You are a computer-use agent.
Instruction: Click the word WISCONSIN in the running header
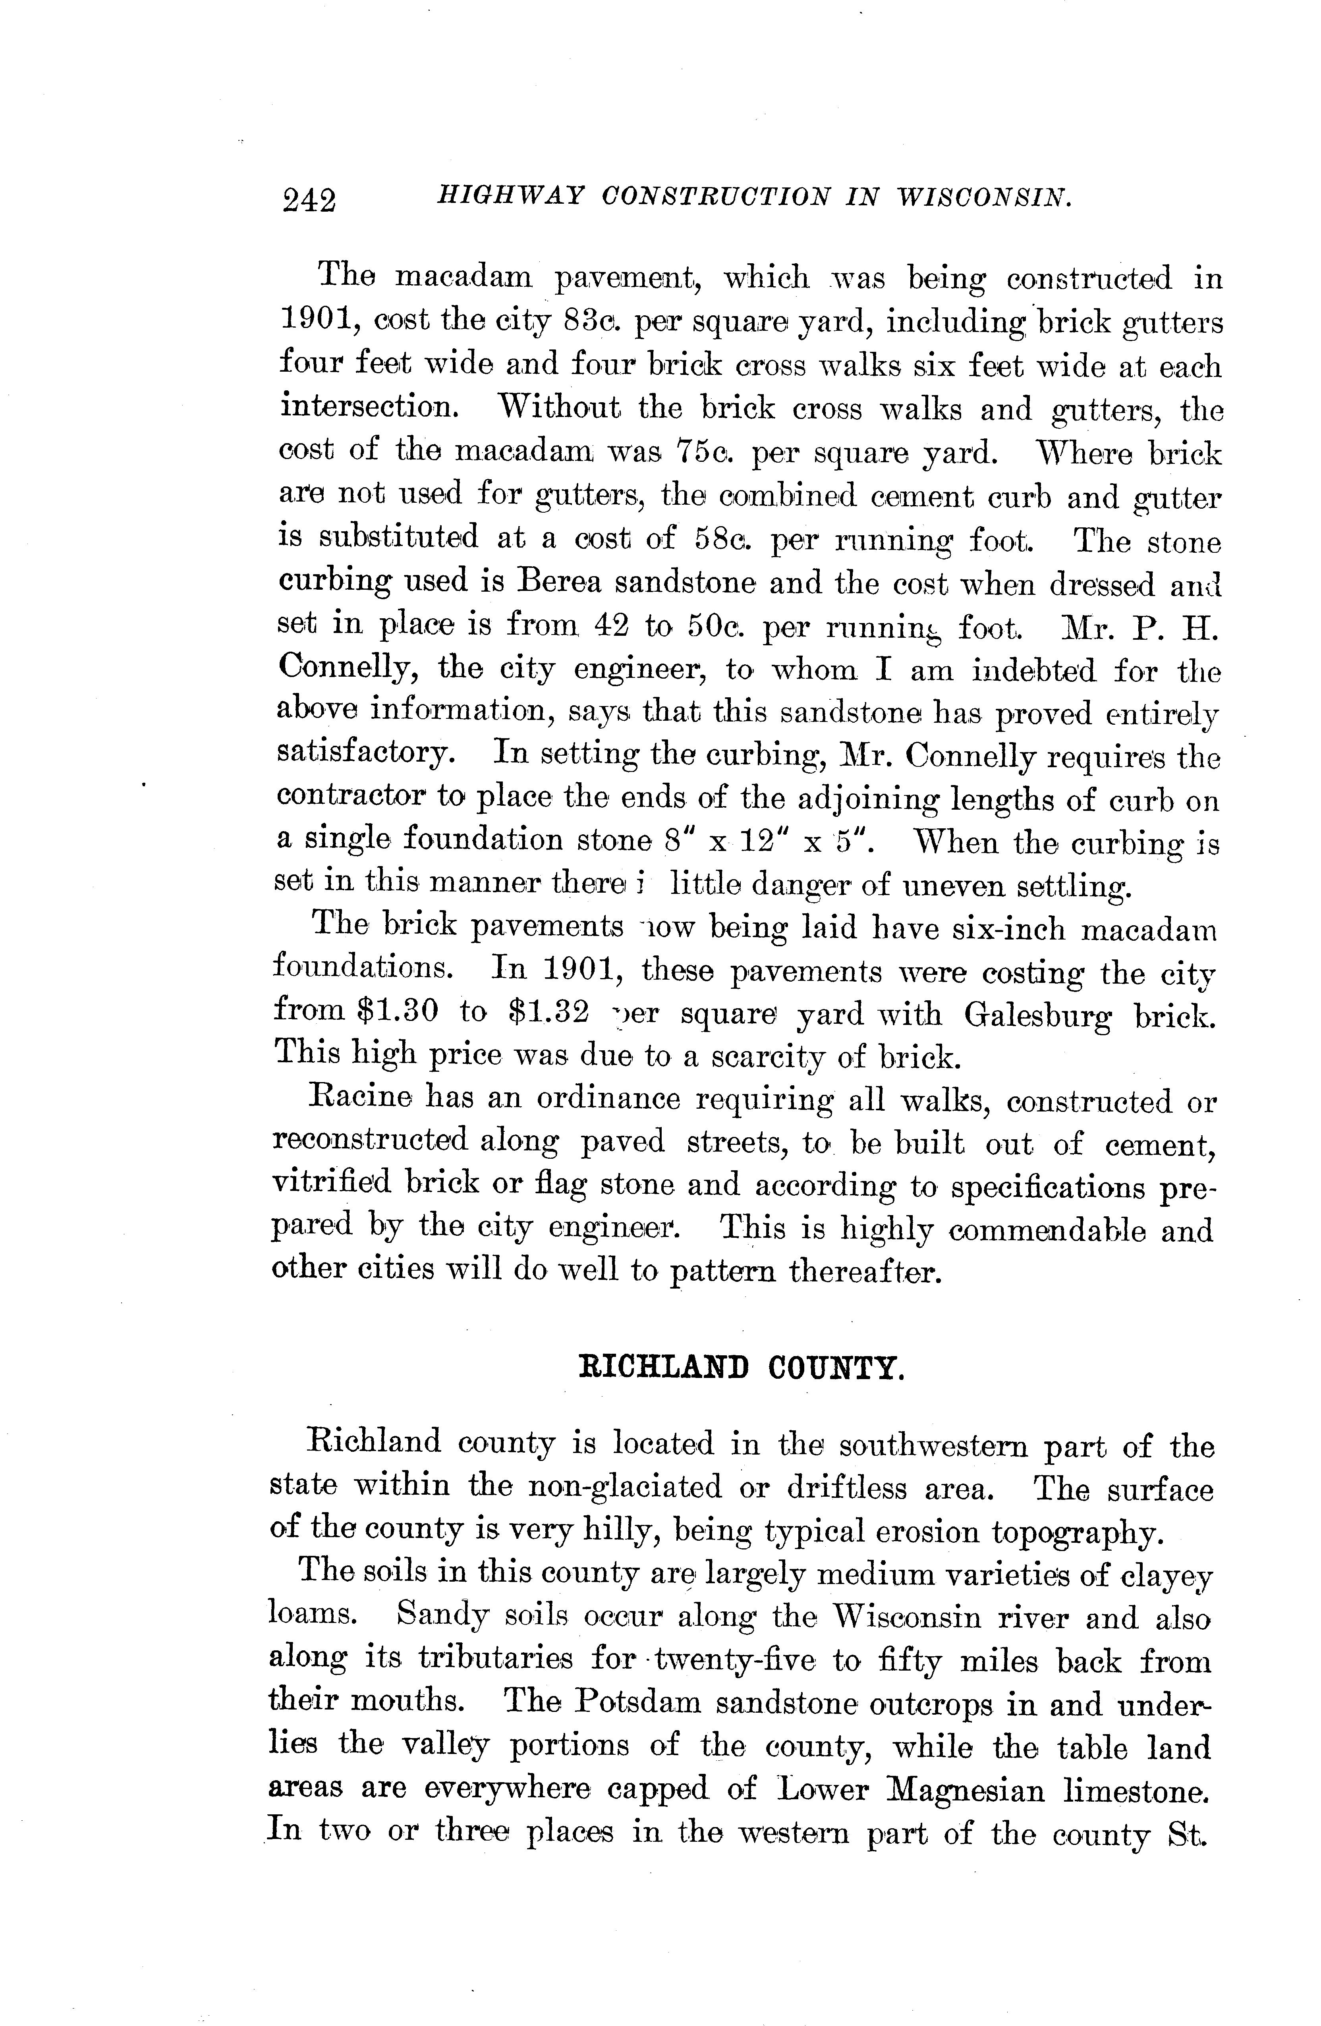click(x=983, y=197)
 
